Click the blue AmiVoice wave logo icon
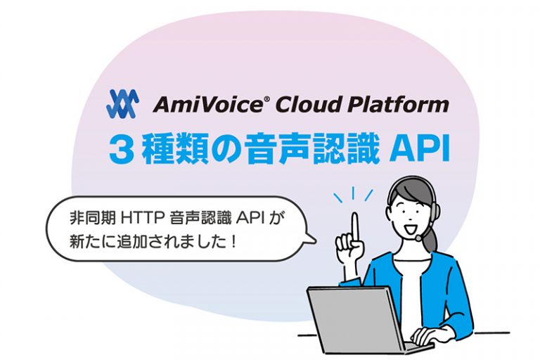[x=122, y=104]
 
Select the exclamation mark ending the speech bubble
[x=240, y=239]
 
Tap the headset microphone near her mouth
[x=420, y=237]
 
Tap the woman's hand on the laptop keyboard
[x=428, y=335]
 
